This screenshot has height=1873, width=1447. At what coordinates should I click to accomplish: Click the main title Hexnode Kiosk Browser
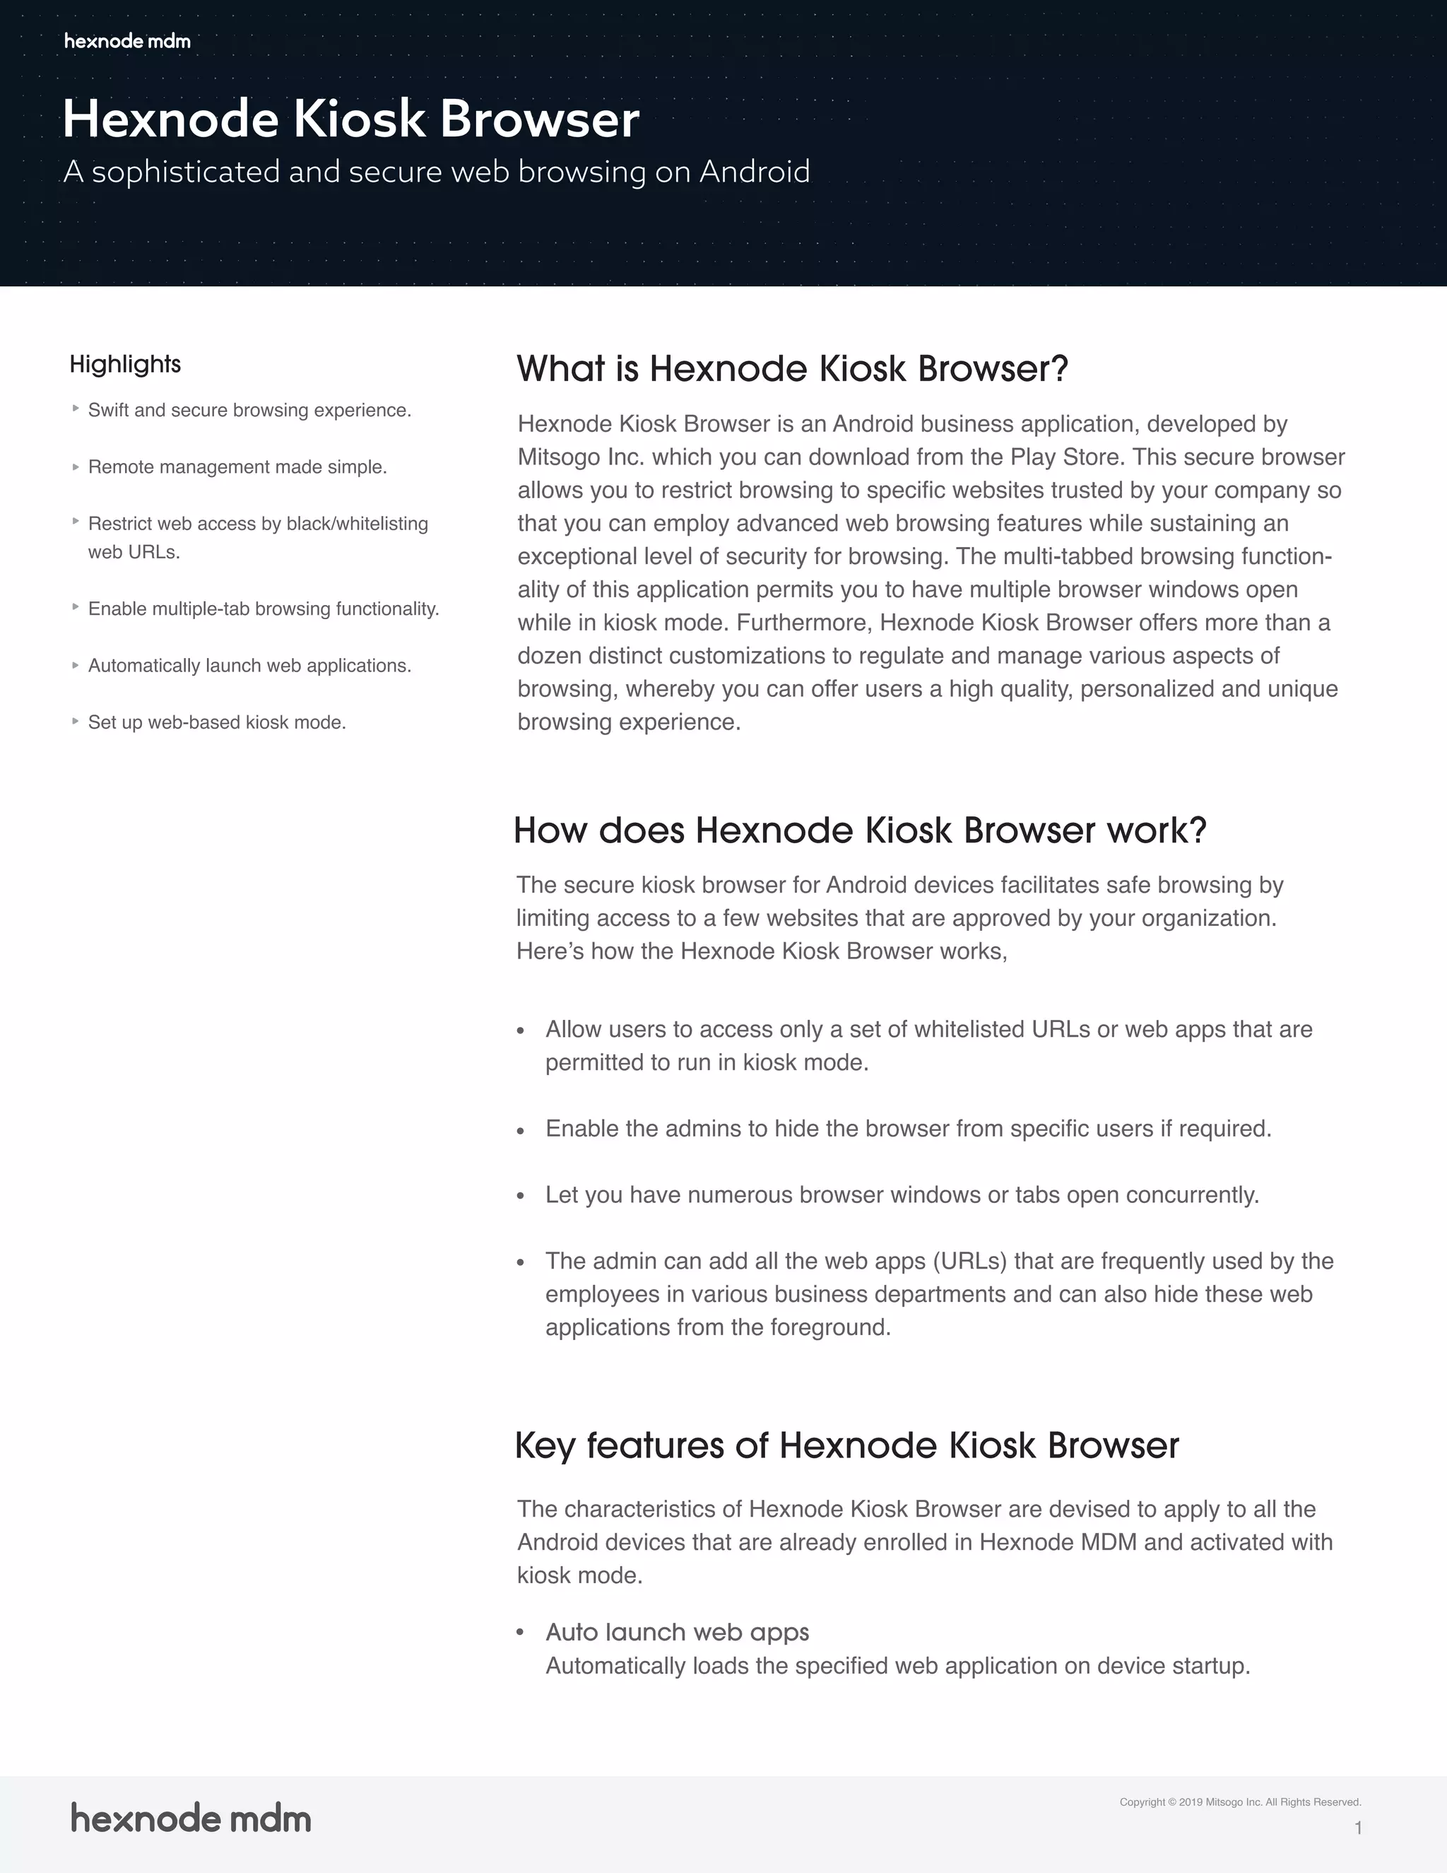click(x=350, y=119)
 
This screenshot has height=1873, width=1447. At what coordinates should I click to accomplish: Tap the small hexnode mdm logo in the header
click(x=127, y=41)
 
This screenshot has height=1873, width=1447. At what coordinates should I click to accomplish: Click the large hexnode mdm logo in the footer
click(x=190, y=1818)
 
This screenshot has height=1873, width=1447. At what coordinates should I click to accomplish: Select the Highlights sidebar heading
click(x=125, y=365)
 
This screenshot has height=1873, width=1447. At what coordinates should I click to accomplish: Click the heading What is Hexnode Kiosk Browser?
click(x=792, y=369)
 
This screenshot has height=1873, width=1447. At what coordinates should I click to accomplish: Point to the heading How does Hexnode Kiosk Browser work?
click(x=860, y=830)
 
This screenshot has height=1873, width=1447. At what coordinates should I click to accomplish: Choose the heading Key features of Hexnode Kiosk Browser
click(x=846, y=1446)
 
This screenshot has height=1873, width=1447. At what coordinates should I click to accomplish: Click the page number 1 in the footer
click(x=1358, y=1828)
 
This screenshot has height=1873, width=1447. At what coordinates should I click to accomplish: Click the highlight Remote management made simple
click(x=237, y=467)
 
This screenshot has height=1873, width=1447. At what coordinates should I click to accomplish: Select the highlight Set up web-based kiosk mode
click(x=217, y=723)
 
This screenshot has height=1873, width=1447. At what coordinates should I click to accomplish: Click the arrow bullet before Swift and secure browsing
click(x=76, y=409)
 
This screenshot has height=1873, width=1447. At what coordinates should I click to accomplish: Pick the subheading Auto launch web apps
click(x=677, y=1632)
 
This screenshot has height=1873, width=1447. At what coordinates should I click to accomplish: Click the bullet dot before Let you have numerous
click(x=520, y=1197)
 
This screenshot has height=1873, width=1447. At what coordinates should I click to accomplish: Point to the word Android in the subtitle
click(x=755, y=172)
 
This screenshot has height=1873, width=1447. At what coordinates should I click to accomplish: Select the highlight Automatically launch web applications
click(x=249, y=667)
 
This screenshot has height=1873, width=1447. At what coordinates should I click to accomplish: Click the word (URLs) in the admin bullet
click(x=969, y=1262)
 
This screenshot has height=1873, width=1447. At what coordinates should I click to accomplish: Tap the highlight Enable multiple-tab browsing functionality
click(x=263, y=609)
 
